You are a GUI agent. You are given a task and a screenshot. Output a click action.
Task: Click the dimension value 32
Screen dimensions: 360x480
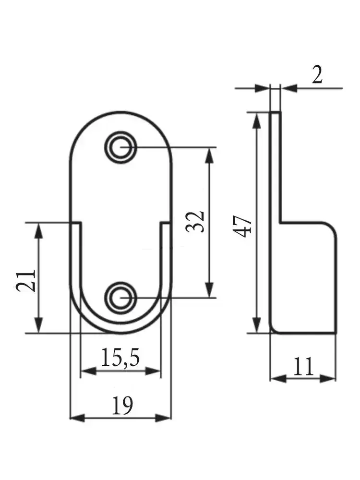tap(196, 221)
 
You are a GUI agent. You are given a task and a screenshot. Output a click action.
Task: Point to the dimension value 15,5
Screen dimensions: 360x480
tap(120, 358)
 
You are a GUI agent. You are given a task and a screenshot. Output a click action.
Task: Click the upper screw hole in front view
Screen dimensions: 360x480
tap(120, 146)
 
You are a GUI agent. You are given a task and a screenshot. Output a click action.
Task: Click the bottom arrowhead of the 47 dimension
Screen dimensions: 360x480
tap(257, 326)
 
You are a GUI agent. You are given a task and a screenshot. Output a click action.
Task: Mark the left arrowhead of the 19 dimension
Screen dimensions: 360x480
tap(77, 418)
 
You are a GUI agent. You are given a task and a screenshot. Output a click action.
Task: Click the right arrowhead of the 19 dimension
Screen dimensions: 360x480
tap(165, 418)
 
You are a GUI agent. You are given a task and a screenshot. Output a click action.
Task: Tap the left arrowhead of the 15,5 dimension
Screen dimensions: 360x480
tap(86, 371)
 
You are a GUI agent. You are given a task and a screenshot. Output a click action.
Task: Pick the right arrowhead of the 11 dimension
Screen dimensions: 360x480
tap(329, 378)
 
